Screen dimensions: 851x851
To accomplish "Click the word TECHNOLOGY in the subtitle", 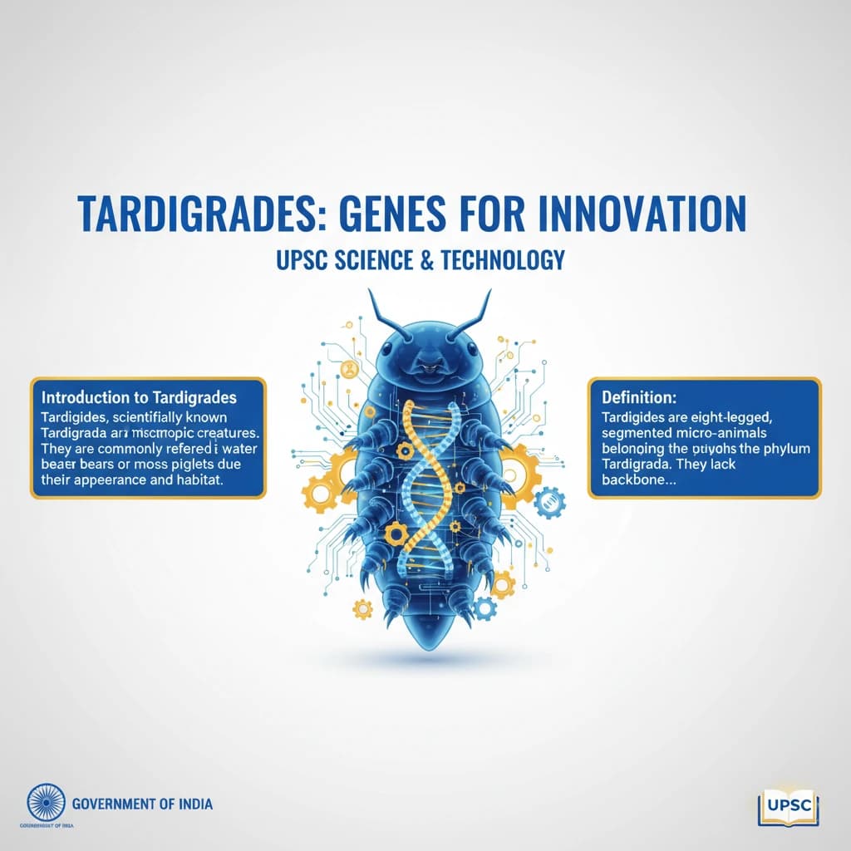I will [x=502, y=260].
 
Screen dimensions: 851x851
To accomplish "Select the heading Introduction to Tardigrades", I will [x=140, y=397].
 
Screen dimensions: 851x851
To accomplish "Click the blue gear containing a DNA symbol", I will [x=549, y=502].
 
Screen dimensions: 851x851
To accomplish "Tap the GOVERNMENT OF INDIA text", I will [x=142, y=804].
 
